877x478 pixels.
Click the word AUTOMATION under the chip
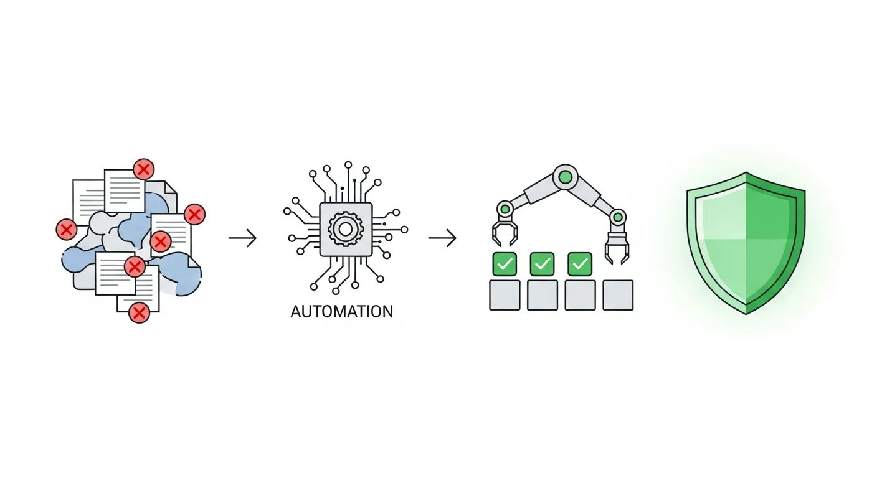pos(341,311)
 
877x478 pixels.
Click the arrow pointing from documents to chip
pos(242,238)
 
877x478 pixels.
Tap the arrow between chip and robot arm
pos(442,238)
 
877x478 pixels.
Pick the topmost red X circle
pos(144,169)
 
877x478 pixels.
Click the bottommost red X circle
pos(140,312)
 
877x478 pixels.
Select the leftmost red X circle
pos(66,229)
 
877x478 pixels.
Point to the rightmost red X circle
pos(194,215)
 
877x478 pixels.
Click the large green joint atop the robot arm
pos(565,177)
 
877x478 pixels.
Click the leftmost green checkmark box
pos(505,264)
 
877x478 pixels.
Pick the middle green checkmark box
pos(542,264)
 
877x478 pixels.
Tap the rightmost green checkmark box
pos(580,264)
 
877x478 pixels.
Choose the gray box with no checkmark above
pos(618,295)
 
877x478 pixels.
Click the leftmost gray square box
pos(505,295)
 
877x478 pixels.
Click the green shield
pos(746,241)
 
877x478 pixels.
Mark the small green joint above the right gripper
pos(617,217)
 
